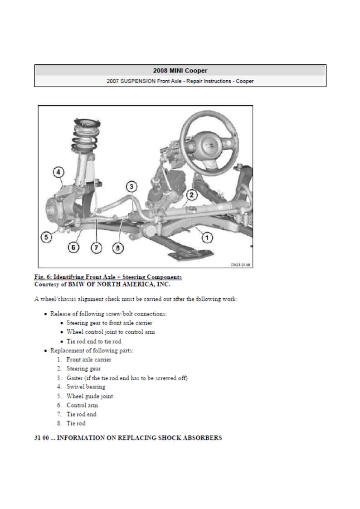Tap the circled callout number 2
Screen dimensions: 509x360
point(191,195)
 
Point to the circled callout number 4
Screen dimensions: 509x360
point(58,172)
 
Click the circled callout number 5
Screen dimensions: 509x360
point(46,237)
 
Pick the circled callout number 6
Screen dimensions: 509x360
point(74,248)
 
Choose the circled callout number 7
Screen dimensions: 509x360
point(96,248)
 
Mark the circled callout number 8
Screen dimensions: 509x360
point(118,248)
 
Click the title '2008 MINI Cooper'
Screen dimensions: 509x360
point(180,71)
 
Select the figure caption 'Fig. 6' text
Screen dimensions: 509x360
point(108,277)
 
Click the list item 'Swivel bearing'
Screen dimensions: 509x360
point(86,387)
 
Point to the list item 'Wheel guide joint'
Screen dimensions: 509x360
point(90,396)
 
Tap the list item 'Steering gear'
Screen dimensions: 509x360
point(83,368)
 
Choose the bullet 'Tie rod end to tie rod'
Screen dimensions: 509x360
point(94,341)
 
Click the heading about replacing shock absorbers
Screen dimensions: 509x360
point(128,438)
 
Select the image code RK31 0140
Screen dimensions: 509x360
point(241,265)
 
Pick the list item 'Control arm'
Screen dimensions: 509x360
point(82,405)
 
